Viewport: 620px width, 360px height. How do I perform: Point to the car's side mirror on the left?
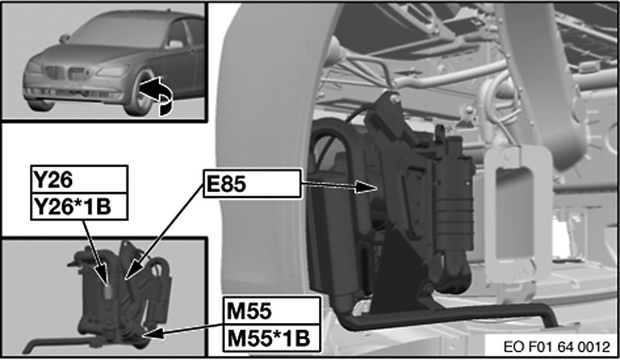point(64,38)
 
